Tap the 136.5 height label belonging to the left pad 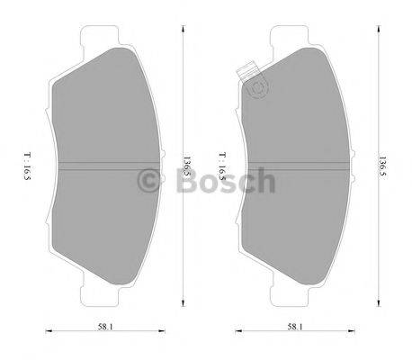pyautogui.click(x=187, y=166)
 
